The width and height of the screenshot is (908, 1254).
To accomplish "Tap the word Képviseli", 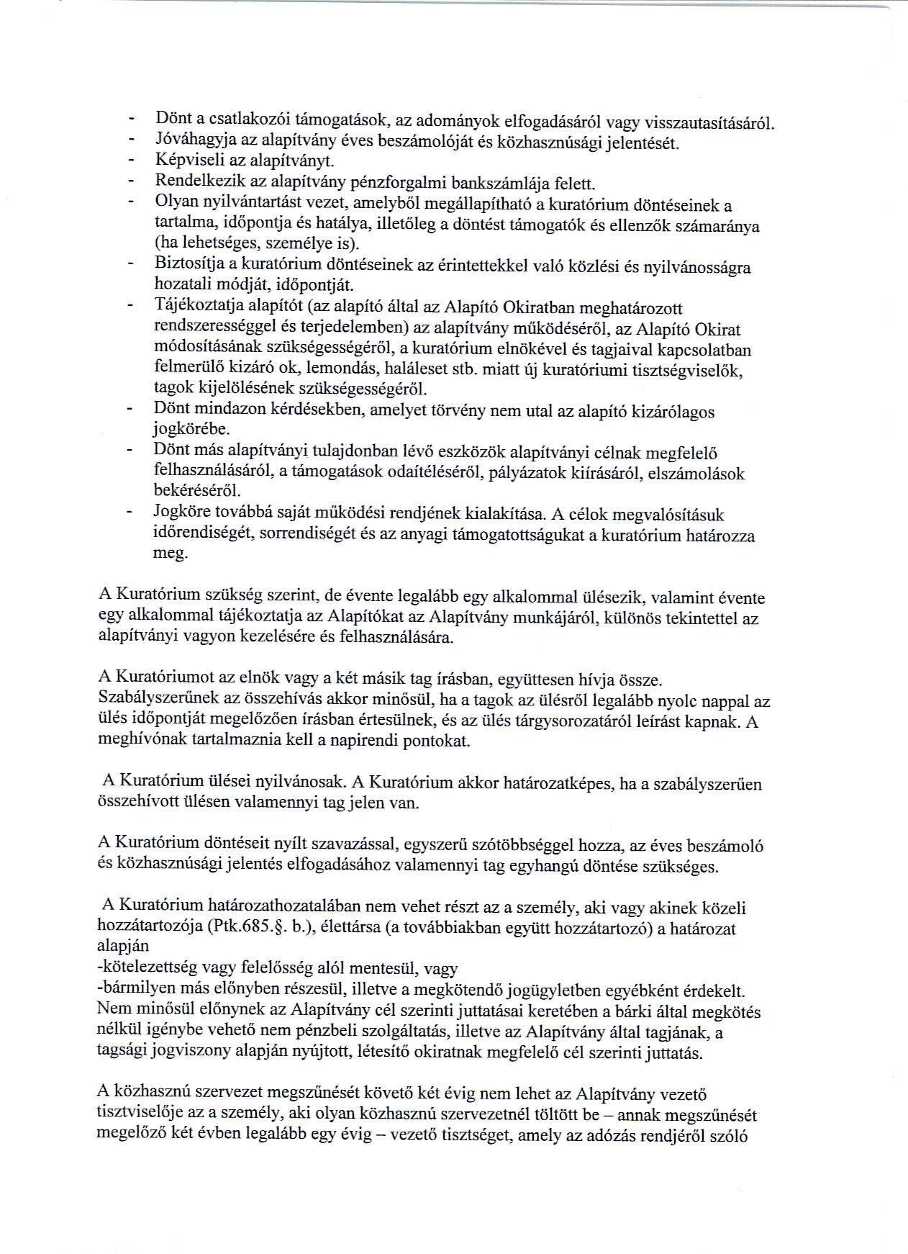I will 183,160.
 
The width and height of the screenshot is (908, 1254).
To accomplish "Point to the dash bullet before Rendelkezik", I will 130,181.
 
